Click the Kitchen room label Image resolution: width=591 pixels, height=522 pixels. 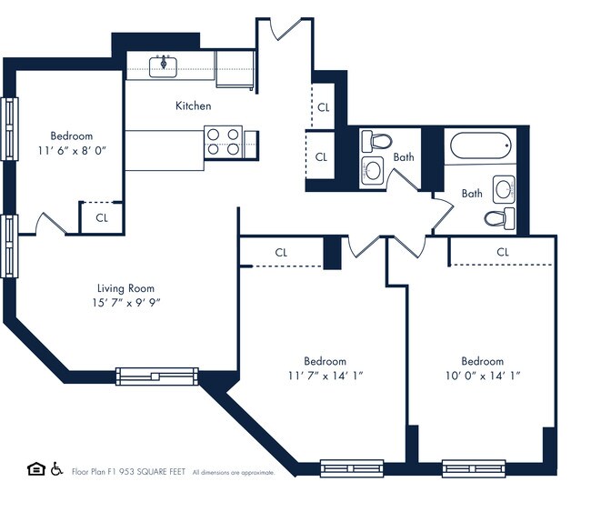point(193,106)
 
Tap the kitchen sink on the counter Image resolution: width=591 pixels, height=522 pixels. point(165,64)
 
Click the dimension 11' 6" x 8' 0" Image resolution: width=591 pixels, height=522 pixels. point(72,151)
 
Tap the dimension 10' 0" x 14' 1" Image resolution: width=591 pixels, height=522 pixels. point(482,376)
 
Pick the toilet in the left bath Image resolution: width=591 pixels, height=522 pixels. point(376,141)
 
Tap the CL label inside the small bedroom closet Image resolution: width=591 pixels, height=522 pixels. point(102,218)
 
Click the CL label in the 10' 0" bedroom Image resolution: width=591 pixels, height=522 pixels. point(503,252)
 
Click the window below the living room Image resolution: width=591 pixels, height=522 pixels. point(156,375)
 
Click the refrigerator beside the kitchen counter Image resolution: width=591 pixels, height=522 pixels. point(235,69)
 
